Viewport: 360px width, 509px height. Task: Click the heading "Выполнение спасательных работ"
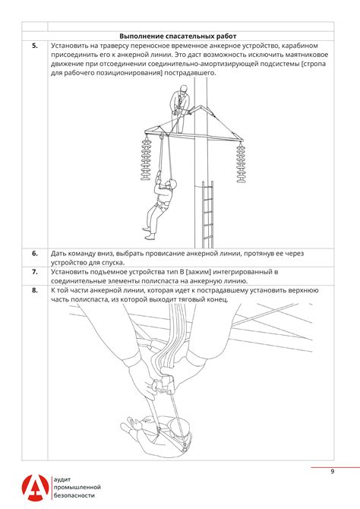click(178, 36)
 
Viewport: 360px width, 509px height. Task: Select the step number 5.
click(35, 46)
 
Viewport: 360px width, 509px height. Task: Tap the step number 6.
click(35, 254)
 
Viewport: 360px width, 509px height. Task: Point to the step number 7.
click(35, 272)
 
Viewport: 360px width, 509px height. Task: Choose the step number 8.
click(35, 290)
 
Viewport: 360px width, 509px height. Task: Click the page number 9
click(332, 471)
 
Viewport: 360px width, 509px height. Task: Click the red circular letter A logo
click(35, 488)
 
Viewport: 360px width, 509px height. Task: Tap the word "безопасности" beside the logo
click(74, 495)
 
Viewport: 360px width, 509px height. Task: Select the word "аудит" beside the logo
click(62, 480)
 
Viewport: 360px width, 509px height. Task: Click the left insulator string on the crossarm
click(146, 158)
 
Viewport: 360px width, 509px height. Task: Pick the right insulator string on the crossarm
click(241, 163)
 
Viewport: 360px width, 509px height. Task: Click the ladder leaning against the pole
click(207, 214)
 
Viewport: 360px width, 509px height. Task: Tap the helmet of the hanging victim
click(172, 183)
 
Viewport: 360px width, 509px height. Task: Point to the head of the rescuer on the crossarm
click(183, 89)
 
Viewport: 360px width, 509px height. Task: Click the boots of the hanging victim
click(149, 233)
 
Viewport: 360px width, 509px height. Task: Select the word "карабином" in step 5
click(301, 46)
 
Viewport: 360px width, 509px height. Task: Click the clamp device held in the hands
click(164, 384)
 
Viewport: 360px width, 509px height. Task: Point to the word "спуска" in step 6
click(114, 263)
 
